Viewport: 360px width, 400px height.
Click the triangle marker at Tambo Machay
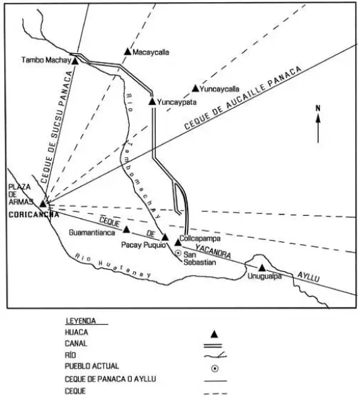tap(75, 61)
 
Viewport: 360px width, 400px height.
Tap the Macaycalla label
tap(151, 52)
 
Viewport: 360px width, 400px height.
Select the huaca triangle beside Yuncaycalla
tap(195, 88)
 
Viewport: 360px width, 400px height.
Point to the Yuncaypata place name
tap(177, 102)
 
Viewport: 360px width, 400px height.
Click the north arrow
tap(318, 128)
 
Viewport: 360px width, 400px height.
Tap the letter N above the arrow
tap(318, 108)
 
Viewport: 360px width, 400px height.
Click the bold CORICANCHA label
tap(34, 215)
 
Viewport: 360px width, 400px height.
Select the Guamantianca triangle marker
tap(126, 230)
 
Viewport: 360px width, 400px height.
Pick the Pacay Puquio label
tap(143, 245)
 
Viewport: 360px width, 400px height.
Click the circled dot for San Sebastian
tap(178, 253)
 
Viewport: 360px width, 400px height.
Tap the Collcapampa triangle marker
tap(178, 242)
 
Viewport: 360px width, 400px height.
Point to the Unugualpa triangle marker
tap(262, 268)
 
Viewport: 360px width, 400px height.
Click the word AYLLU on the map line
tap(308, 277)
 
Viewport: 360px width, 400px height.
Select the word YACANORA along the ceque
tap(213, 251)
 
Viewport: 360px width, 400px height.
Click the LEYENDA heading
tap(81, 321)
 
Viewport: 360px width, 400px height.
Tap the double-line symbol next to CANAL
tap(213, 346)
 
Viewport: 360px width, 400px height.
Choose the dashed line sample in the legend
tap(216, 394)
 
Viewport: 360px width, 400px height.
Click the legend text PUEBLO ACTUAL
tap(92, 366)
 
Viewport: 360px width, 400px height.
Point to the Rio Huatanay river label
tap(113, 266)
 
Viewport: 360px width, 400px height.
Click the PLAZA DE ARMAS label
tap(20, 194)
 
